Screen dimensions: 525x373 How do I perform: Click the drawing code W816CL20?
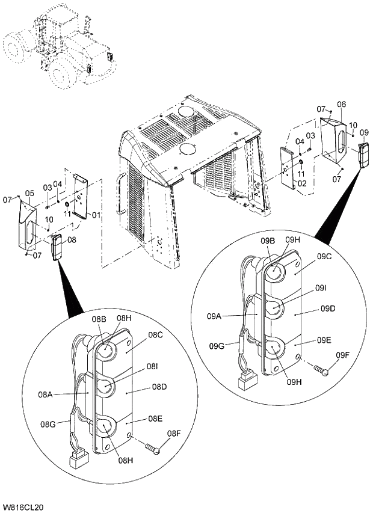(x=23, y=508)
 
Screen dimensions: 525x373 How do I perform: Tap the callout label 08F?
(x=174, y=434)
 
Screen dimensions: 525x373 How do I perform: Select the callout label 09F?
(x=343, y=355)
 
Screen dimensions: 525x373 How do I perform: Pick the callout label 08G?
(x=49, y=425)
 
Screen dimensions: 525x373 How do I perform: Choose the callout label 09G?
(x=217, y=346)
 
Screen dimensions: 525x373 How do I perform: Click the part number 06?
(x=341, y=105)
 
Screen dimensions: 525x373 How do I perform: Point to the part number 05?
(x=29, y=194)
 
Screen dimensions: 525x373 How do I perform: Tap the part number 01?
(x=96, y=214)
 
